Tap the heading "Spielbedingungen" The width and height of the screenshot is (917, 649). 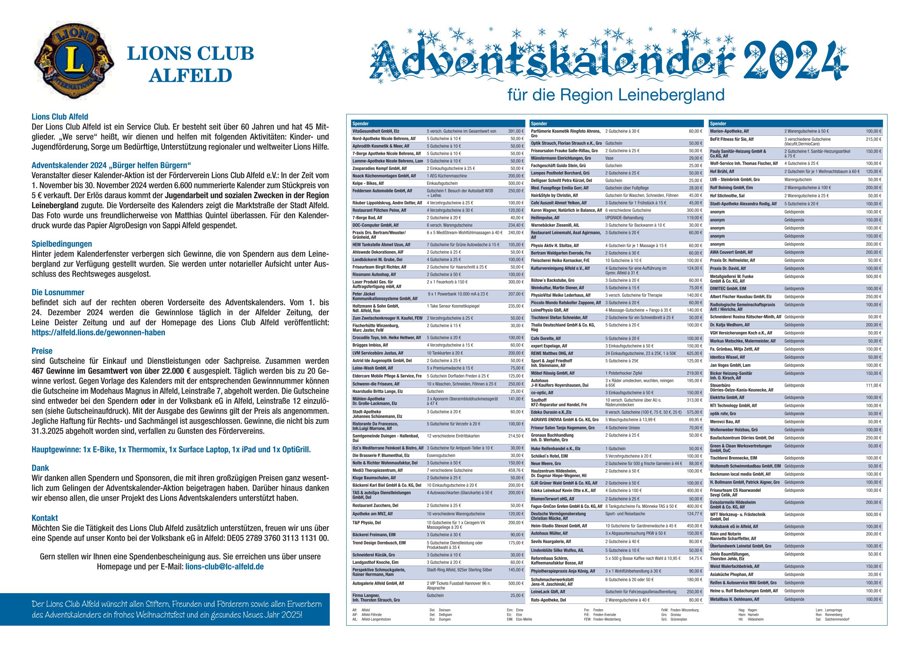62,244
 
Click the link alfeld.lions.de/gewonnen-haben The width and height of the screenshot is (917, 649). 98,332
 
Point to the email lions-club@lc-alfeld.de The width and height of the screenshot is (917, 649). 225,567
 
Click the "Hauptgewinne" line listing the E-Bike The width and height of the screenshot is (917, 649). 171,449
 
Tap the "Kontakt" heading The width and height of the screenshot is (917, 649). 45,518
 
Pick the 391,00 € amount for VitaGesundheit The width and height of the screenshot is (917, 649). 516,131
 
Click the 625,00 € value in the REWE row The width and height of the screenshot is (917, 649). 694,353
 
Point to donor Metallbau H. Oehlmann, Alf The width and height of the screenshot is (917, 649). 734,599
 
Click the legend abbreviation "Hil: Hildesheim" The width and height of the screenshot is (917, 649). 751,619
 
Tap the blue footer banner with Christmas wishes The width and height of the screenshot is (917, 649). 165,609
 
